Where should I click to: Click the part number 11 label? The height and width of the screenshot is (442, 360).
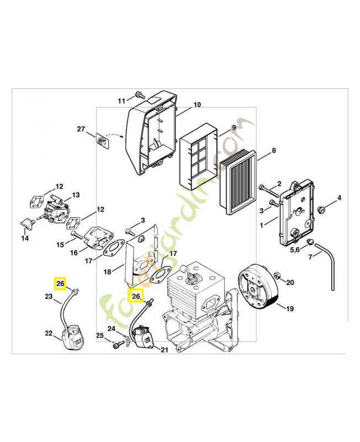click(x=121, y=100)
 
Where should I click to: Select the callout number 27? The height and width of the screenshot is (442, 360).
click(x=81, y=129)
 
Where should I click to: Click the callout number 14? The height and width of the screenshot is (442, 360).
click(x=25, y=238)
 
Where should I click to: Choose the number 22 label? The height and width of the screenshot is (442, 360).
click(x=49, y=333)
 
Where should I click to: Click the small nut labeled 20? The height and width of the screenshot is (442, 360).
click(x=277, y=275)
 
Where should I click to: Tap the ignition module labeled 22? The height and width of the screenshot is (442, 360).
click(x=73, y=338)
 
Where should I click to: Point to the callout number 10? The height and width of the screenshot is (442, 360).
click(x=197, y=104)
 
